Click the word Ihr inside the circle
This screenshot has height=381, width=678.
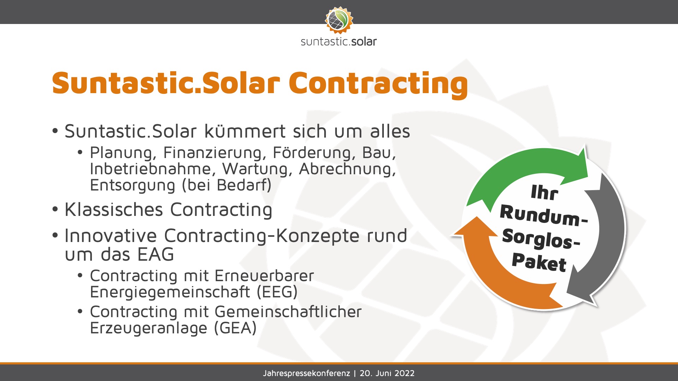coord(544,193)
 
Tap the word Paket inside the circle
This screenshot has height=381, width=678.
coord(539,262)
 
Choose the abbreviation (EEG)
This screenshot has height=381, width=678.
coord(277,292)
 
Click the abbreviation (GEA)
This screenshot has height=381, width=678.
coord(235,328)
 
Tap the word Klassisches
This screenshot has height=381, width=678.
coord(114,210)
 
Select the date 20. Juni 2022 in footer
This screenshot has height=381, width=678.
coord(387,373)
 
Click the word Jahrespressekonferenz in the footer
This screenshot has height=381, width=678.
coord(307,373)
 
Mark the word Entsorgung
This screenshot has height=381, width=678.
coord(132,186)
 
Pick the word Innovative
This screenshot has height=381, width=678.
coord(111,236)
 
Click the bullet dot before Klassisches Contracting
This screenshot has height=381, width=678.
coord(55,210)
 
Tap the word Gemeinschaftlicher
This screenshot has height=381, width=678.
coord(288,312)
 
